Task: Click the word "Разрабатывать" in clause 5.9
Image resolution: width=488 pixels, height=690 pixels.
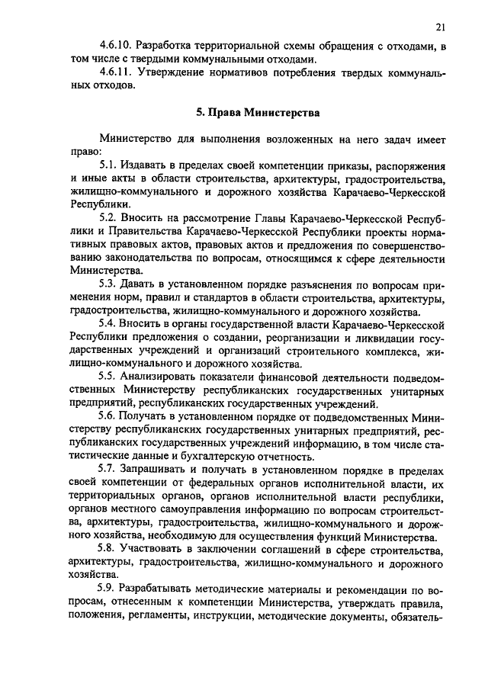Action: click(x=163, y=589)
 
